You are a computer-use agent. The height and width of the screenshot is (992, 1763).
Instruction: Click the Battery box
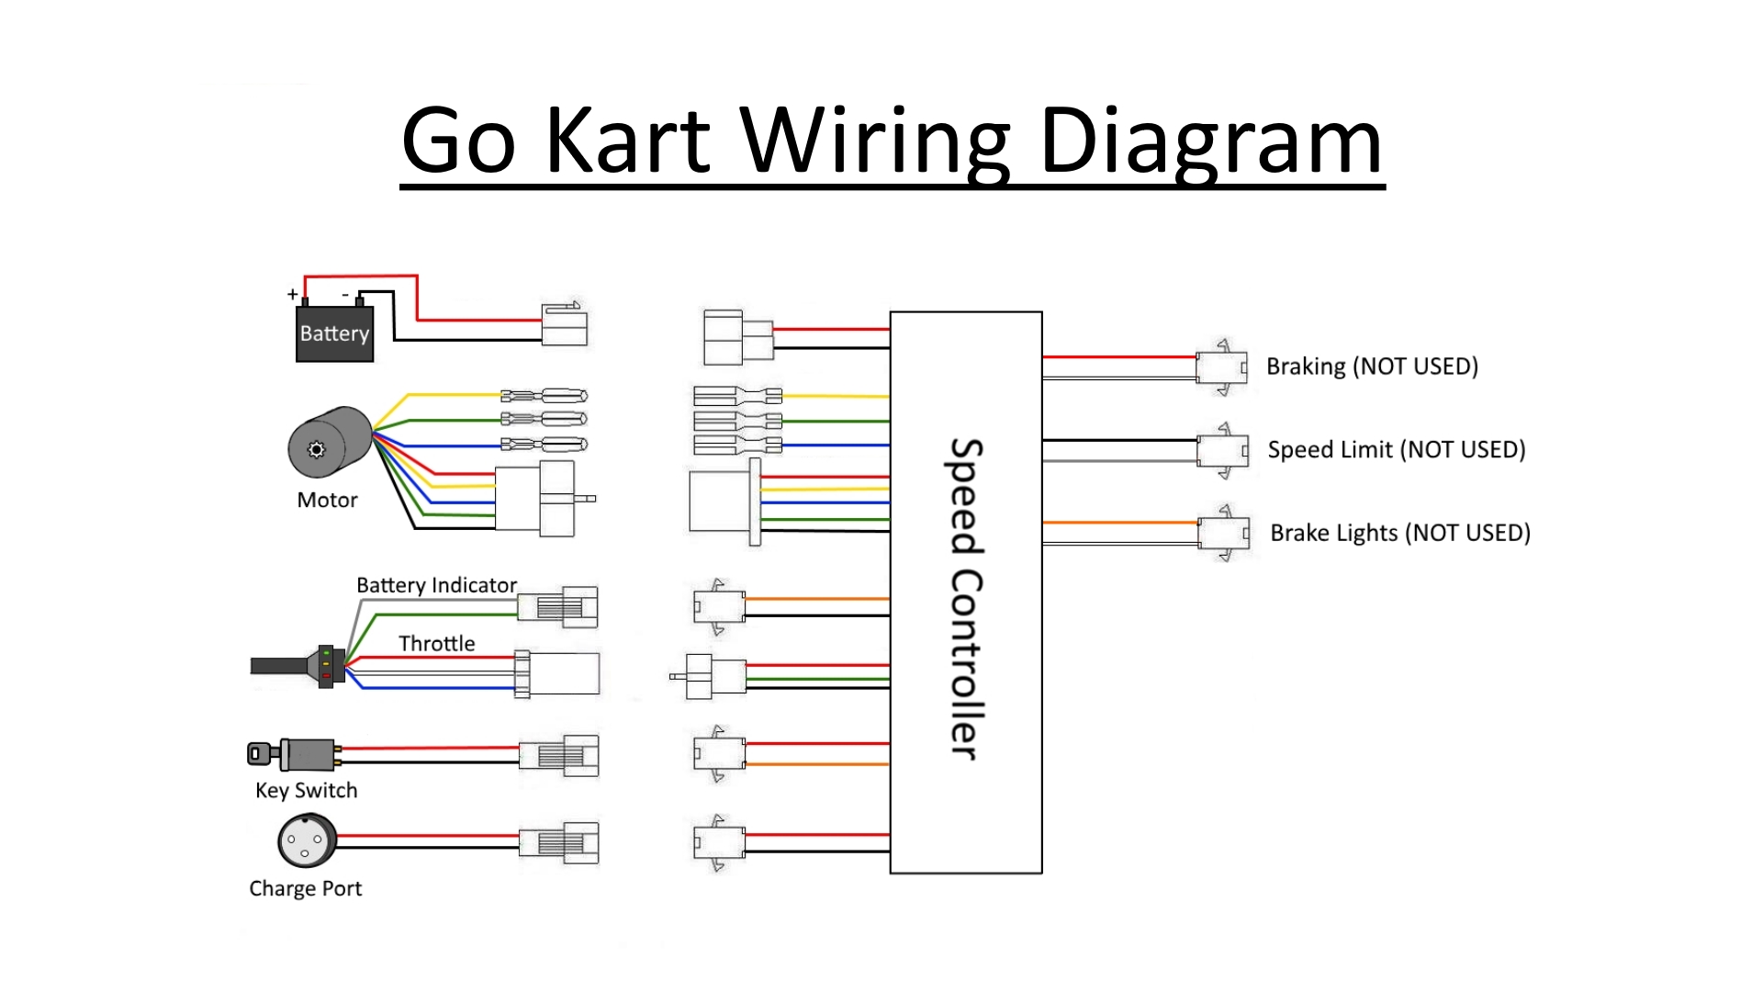334,333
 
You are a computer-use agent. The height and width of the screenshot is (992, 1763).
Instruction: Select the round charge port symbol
307,840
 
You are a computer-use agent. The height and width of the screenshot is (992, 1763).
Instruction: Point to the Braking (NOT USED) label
1372,366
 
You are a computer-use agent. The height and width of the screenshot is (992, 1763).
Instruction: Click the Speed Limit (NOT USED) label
1396,450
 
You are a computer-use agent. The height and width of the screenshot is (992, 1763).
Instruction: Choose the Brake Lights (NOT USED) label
1399,533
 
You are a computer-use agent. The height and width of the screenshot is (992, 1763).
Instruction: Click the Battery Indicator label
436,585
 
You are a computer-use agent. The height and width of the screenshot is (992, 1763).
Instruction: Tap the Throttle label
436,644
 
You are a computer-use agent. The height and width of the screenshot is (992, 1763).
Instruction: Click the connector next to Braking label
1222,367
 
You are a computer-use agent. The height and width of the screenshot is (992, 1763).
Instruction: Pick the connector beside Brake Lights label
1224,533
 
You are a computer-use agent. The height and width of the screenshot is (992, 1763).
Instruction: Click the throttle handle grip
280,666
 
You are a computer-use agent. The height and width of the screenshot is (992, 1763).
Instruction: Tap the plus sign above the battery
292,294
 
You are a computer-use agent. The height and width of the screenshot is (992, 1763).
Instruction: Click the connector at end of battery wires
564,324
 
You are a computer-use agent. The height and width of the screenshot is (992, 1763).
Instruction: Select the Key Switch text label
306,791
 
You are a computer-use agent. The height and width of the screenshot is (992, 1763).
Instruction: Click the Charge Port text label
305,889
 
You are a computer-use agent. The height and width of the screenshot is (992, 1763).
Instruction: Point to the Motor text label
327,501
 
